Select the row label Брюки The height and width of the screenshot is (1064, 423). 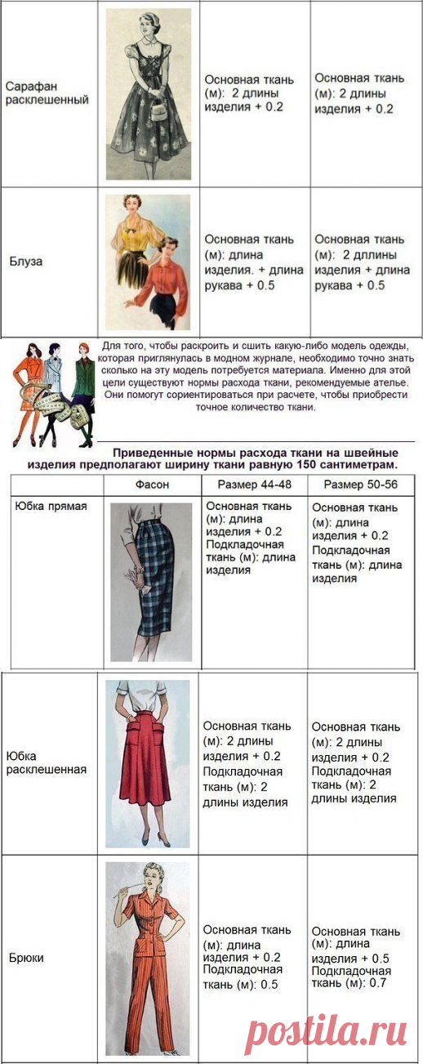(x=27, y=956)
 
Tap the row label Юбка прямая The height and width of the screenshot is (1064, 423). (x=51, y=506)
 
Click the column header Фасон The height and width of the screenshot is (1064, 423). (x=153, y=485)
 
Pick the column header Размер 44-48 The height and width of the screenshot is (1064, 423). (x=254, y=485)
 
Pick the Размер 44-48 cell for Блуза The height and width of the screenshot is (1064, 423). (x=253, y=262)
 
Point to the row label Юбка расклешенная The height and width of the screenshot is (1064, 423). (x=45, y=762)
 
